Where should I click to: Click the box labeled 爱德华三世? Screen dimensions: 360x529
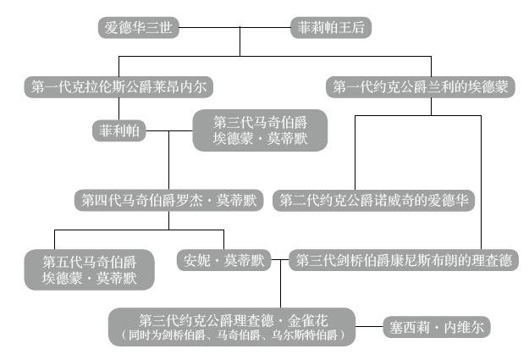pyautogui.click(x=138, y=28)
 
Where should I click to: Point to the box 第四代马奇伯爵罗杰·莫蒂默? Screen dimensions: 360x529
pyautogui.click(x=169, y=200)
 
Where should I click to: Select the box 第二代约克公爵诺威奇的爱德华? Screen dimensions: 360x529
pyautogui.click(x=375, y=200)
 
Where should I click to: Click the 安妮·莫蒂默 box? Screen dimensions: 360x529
pyautogui.click(x=223, y=260)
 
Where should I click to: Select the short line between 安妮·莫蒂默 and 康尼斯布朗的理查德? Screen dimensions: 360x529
pyautogui.click(x=280, y=260)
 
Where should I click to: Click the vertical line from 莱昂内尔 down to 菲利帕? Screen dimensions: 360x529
pyautogui.click(x=118, y=109)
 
